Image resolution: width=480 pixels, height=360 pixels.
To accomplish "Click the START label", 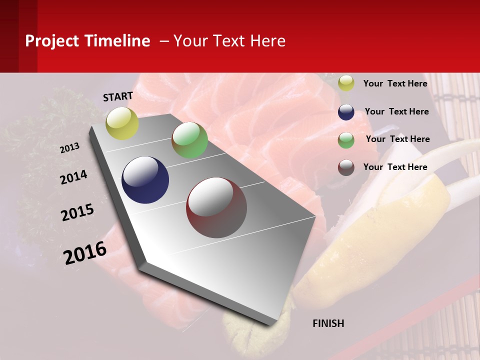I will tap(118, 96).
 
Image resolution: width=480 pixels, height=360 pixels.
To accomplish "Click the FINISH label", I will tap(328, 323).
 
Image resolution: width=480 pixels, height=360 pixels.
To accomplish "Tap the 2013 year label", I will tap(69, 148).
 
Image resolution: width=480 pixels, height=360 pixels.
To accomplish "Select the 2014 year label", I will tap(74, 177).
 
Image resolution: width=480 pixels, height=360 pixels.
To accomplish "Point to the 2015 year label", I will tap(77, 212).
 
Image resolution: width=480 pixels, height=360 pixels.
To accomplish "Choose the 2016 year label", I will tap(85, 253).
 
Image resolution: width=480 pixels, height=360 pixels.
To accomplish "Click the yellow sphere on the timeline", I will tap(122, 123).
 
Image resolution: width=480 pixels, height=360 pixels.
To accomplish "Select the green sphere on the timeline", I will tap(189, 140).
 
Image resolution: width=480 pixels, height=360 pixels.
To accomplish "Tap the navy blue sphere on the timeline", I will tap(145, 180).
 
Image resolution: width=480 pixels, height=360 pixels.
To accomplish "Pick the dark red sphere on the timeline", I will tap(216, 207).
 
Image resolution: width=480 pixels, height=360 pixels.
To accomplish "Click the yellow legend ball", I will tap(346, 83).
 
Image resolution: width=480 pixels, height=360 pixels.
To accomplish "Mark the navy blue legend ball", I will tap(346, 112).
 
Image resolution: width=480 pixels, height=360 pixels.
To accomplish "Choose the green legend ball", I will tap(346, 140).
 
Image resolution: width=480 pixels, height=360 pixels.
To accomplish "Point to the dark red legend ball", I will tap(346, 167).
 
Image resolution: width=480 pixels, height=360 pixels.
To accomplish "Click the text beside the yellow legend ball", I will tap(395, 83).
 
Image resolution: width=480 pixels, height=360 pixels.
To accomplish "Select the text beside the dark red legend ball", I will tap(395, 167).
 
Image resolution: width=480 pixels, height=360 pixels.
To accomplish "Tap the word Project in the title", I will tap(51, 41).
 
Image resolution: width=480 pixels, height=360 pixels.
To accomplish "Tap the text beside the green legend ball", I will tap(397, 139).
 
